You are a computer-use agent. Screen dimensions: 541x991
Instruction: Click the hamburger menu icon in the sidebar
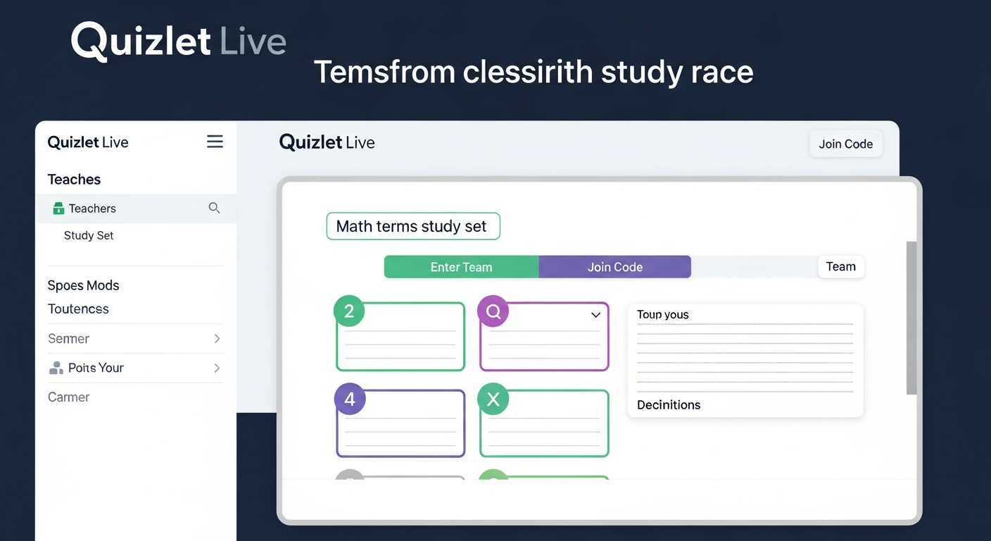[x=215, y=142]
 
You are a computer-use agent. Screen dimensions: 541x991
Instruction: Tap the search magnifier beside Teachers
[x=214, y=208]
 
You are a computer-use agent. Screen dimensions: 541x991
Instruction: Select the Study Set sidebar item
[x=89, y=235]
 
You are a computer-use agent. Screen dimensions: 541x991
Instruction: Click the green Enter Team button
[x=461, y=267]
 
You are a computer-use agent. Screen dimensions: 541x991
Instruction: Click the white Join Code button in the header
[x=845, y=144]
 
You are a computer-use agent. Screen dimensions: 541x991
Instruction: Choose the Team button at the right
[x=840, y=266]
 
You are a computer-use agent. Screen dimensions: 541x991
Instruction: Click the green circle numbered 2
[x=349, y=311]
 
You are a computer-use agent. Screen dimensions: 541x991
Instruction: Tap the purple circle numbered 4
[x=349, y=400]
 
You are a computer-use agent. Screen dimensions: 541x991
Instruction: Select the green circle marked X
[x=493, y=399]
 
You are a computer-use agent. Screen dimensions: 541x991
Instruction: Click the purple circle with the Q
[x=493, y=311]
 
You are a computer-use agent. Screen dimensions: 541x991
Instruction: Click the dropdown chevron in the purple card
[x=595, y=315]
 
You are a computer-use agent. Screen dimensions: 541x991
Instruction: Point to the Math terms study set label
[x=412, y=226]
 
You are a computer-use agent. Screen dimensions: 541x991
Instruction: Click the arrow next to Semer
[x=217, y=339]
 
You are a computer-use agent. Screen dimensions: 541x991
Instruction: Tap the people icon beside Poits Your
[x=56, y=368]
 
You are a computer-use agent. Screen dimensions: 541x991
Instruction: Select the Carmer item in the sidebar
[x=68, y=397]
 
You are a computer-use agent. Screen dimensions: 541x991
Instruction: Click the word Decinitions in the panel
[x=669, y=405]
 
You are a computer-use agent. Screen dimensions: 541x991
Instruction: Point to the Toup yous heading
[x=662, y=315]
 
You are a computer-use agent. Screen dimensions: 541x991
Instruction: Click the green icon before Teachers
[x=58, y=209]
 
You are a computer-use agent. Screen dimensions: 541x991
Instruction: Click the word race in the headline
[x=723, y=72]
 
